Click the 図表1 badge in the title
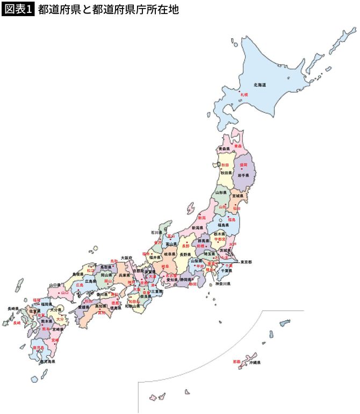click(x=18, y=10)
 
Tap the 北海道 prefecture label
click(x=260, y=85)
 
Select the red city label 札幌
click(x=244, y=95)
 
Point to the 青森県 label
click(x=224, y=148)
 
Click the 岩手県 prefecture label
click(x=243, y=175)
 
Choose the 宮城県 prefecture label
click(x=237, y=196)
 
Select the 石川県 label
click(x=156, y=233)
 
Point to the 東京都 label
click(x=246, y=262)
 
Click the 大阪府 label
click(x=127, y=258)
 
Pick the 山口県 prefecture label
click(x=55, y=284)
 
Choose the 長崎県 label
click(x=13, y=309)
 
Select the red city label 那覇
click(x=237, y=362)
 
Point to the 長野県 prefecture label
click(x=185, y=254)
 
